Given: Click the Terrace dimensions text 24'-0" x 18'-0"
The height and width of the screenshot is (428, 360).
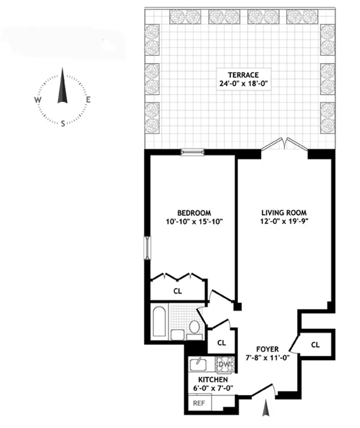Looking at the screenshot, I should pos(243,83).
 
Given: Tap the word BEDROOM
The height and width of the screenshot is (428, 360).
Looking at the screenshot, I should pos(194,213).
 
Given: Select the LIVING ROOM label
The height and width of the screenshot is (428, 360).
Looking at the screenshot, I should pos(284,213).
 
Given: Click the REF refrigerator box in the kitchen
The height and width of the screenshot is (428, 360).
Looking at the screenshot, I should pos(198,403).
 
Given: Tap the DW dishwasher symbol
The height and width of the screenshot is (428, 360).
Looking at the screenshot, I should pos(224,363).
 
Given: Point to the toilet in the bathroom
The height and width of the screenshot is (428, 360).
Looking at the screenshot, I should pos(194,327).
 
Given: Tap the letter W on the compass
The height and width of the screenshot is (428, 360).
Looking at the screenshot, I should pos(38,100).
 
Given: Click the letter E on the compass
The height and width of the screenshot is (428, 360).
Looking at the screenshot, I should pos(88,100).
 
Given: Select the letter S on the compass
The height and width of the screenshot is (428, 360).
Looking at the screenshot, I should pos(63,124).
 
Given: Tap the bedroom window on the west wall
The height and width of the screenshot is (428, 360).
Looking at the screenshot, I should pos(147,247).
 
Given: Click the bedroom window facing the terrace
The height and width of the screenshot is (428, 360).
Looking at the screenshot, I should pos(192,152).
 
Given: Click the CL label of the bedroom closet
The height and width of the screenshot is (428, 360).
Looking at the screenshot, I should pos(178,291).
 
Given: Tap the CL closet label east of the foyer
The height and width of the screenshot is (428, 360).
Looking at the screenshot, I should pos(315,345).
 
